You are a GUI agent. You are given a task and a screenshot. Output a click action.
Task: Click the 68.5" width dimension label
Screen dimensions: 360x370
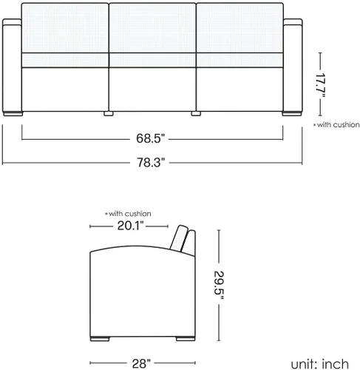click(x=150, y=138)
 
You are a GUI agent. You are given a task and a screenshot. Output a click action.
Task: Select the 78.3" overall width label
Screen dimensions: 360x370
click(x=151, y=163)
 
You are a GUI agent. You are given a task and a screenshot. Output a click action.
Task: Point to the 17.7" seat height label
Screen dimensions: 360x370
click(x=321, y=85)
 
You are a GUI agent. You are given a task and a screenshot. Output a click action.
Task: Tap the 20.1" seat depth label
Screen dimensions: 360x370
click(x=130, y=226)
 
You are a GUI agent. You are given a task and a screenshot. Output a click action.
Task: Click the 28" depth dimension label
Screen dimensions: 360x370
click(x=141, y=363)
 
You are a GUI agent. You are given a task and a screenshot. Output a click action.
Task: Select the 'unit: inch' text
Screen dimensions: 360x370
click(x=320, y=364)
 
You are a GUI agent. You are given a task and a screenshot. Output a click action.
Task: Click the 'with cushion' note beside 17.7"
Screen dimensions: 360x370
click(x=336, y=125)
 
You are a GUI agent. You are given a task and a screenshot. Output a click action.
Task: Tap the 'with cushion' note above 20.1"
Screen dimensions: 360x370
click(x=128, y=214)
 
